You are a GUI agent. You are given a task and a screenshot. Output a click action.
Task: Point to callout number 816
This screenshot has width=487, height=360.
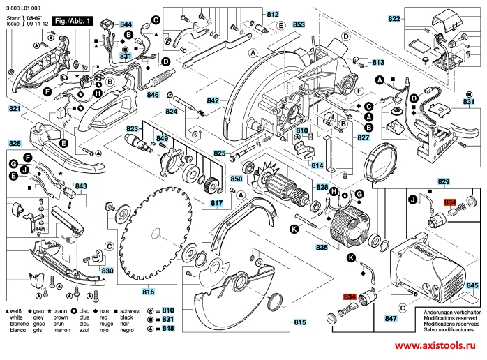point(149,292)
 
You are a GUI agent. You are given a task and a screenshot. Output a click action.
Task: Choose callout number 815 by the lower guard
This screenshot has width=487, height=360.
point(299,322)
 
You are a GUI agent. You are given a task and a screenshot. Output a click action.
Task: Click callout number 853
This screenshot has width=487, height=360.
point(299,25)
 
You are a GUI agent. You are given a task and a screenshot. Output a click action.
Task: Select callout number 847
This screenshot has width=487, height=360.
point(391,320)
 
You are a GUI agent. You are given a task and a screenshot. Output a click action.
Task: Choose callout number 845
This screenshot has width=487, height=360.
point(472,286)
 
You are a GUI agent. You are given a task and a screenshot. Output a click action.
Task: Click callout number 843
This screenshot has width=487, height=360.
point(81,186)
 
